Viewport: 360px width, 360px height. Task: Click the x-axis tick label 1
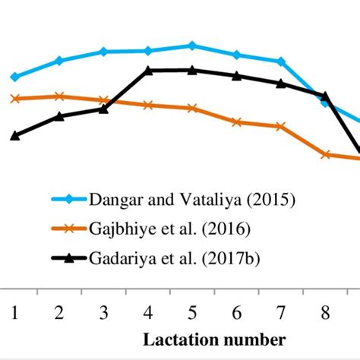click(14, 311)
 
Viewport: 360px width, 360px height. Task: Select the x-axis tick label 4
click(148, 311)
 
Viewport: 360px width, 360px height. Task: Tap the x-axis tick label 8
click(326, 311)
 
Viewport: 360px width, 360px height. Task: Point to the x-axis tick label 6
click(237, 311)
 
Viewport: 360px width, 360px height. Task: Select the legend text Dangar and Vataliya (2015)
click(192, 200)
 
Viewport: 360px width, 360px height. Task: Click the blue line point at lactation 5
click(192, 46)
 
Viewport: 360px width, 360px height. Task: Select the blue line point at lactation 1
click(14, 77)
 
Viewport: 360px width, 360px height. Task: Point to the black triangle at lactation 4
click(148, 71)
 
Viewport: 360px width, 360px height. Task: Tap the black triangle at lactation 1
click(14, 135)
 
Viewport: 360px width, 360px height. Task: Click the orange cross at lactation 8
click(326, 154)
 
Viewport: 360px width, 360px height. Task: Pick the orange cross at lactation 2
click(59, 96)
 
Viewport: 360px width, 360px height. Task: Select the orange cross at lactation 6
click(237, 122)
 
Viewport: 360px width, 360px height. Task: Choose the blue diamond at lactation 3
click(103, 52)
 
